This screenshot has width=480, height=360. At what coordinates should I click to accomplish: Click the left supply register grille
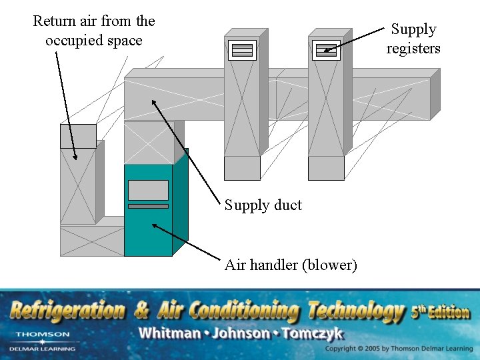pos(242,50)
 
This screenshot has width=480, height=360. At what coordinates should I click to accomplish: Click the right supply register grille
pos(326,50)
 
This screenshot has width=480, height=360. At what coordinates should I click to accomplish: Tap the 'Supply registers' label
pos(413,39)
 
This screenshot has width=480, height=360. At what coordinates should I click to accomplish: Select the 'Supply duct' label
pos(263,205)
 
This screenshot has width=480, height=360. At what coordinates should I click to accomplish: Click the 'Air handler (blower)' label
pos(291,265)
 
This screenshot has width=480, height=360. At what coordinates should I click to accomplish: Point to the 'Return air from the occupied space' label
pos(94,31)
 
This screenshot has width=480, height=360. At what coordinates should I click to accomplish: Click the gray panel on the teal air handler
pos(148,190)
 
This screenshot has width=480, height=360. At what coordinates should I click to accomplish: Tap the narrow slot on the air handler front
pos(148,207)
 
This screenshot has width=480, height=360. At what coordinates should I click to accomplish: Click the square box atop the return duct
pos(78,136)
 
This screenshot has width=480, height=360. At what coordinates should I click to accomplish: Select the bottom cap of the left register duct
pos(242,168)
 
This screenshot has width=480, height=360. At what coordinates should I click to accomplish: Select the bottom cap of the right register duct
pos(326,168)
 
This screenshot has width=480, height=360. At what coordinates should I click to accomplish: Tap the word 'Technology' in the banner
pos(357,311)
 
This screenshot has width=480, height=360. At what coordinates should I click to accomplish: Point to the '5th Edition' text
pos(440,311)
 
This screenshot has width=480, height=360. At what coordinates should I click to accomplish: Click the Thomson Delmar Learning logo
pos(43,340)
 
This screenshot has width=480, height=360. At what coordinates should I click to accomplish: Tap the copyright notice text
pos(399,349)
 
